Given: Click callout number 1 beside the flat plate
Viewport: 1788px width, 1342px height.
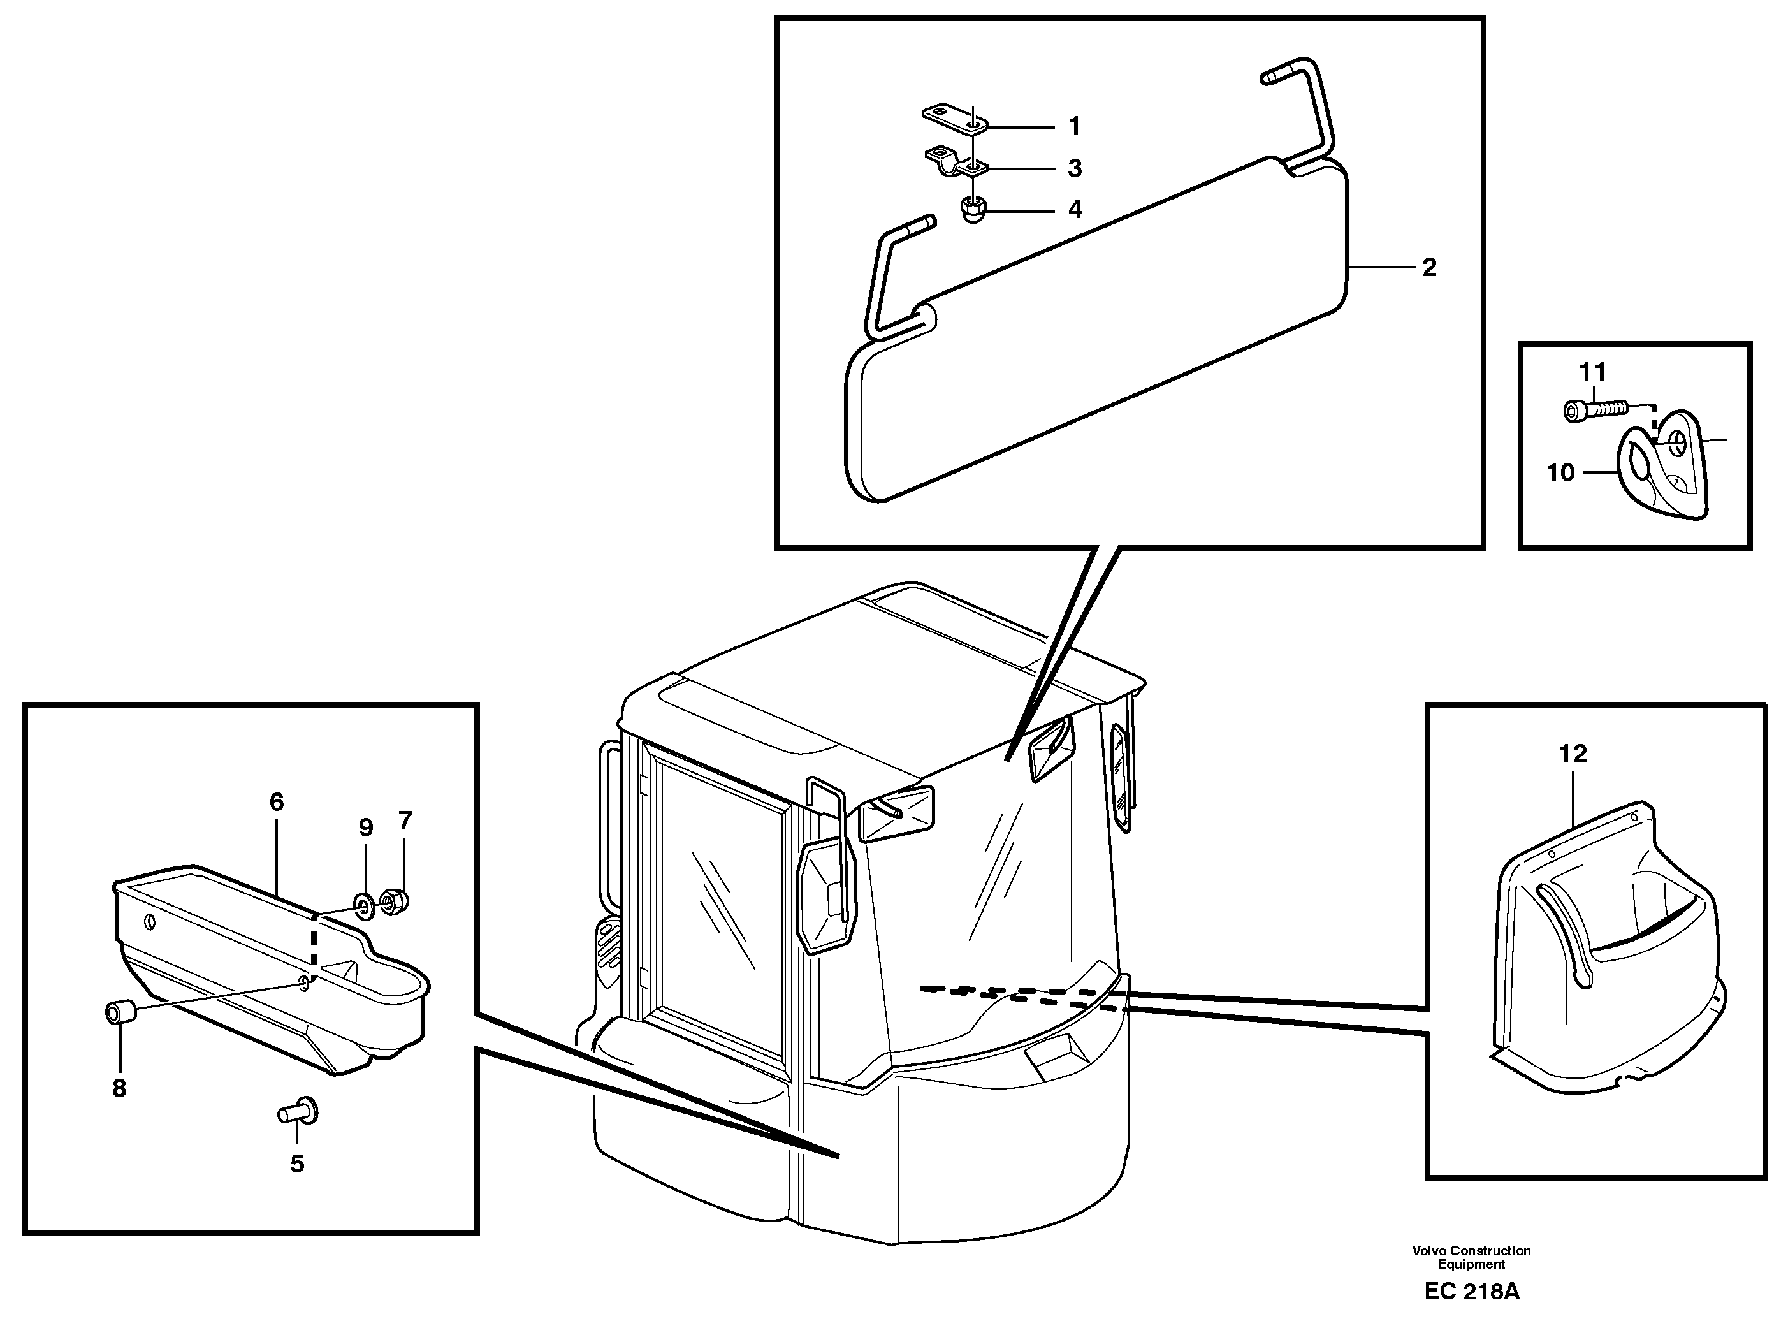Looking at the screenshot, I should pyautogui.click(x=1074, y=126).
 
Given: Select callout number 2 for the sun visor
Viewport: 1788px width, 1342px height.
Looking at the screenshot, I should pyautogui.click(x=1429, y=268).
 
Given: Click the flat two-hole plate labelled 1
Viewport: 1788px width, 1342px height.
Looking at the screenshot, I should pyautogui.click(x=954, y=117).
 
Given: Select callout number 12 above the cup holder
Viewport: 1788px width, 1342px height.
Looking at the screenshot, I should pyautogui.click(x=1572, y=754).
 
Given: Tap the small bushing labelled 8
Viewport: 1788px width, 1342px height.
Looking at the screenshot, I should pyautogui.click(x=120, y=1013).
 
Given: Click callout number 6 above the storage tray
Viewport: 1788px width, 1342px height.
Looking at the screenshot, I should pyautogui.click(x=277, y=802).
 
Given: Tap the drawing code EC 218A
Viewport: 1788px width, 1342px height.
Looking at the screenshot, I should pyautogui.click(x=1471, y=1291).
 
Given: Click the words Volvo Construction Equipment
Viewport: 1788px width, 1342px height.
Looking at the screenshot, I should pyautogui.click(x=1471, y=1257).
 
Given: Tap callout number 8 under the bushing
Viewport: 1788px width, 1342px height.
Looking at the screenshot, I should pyautogui.click(x=120, y=1088).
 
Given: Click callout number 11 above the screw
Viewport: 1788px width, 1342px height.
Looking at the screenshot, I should pyautogui.click(x=1592, y=372).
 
